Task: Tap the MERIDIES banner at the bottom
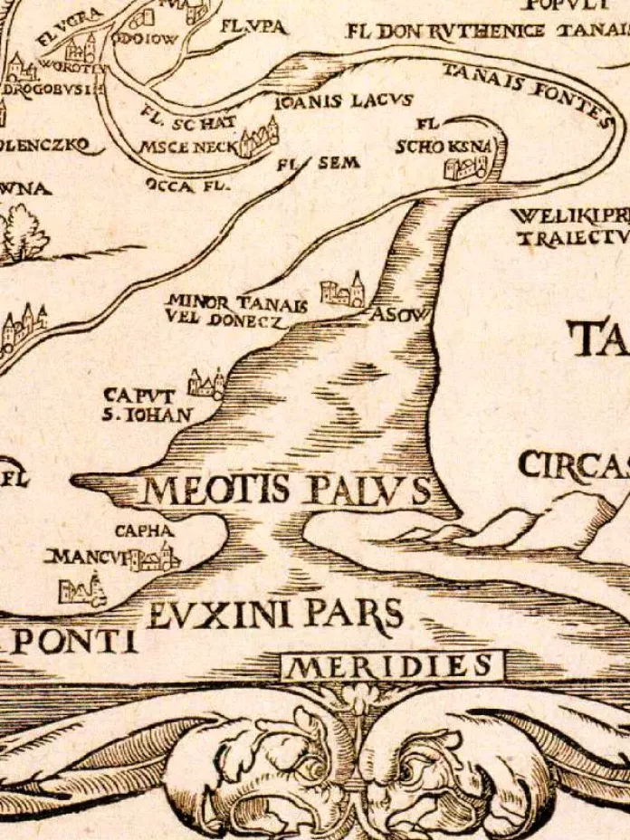click(390, 667)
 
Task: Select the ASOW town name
click(390, 313)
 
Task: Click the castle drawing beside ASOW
click(344, 291)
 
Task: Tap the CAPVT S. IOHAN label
click(147, 405)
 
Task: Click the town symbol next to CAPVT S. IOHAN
click(206, 385)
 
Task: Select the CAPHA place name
click(143, 530)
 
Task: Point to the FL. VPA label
click(253, 27)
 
